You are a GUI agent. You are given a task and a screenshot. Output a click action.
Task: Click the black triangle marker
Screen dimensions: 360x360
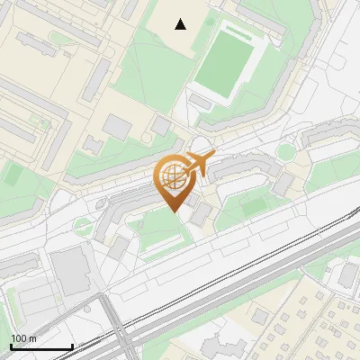pyautogui.click(x=181, y=24)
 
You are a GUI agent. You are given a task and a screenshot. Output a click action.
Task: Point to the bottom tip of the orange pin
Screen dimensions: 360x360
pyautogui.click(x=174, y=212)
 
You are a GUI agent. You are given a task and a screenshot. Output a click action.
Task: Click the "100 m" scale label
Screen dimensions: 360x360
pyautogui.click(x=23, y=338)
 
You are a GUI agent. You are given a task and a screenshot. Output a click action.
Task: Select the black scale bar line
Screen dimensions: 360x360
pyautogui.click(x=40, y=347)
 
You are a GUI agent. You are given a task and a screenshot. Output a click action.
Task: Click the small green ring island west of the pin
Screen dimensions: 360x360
pyautogui.click(x=83, y=222)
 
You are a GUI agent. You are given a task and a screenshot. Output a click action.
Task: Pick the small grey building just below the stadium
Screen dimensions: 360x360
pyautogui.click(x=202, y=102)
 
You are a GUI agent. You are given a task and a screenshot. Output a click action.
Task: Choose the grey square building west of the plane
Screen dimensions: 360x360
pyautogui.click(x=117, y=127)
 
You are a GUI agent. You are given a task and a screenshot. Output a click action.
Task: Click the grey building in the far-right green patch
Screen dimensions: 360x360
pyautogui.click(x=346, y=276)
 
